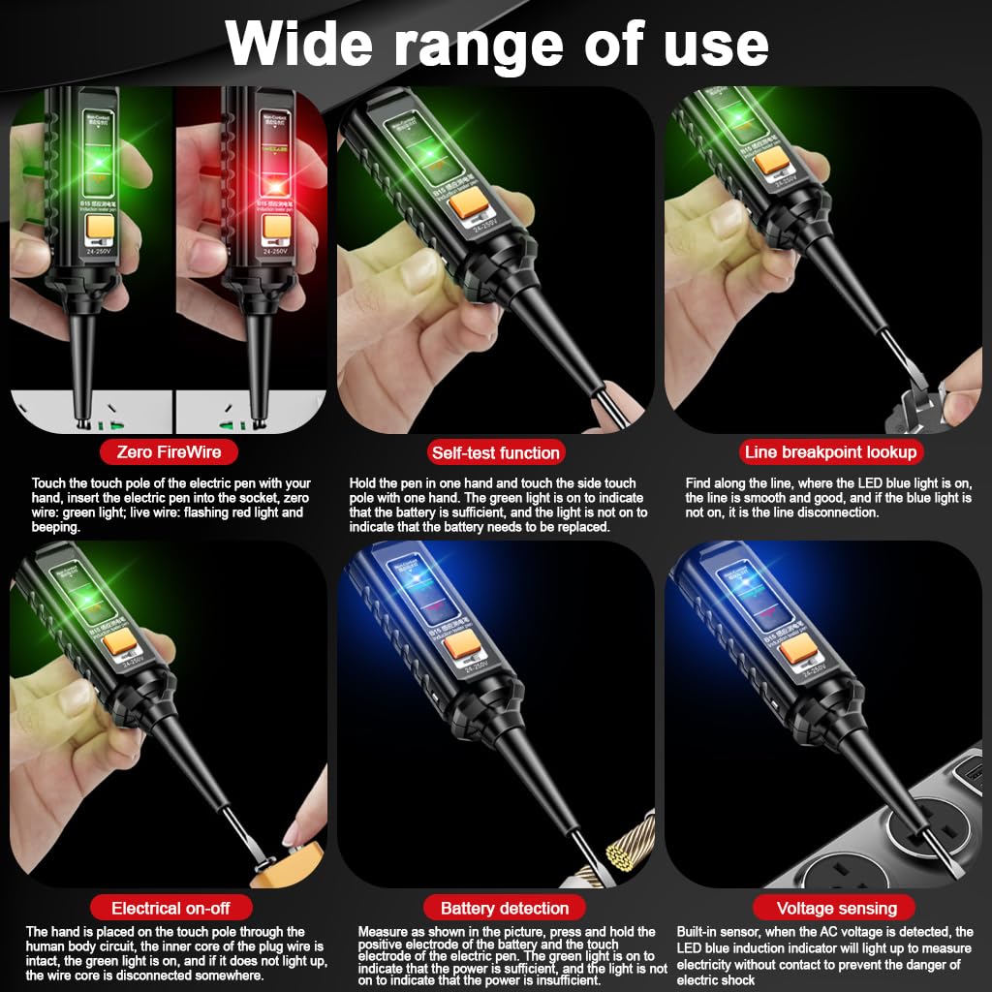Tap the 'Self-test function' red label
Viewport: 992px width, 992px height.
[495, 452]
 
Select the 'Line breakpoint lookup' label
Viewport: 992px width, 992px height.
[829, 451]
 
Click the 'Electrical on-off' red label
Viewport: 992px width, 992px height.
[171, 908]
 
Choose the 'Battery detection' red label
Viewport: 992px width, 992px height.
[505, 908]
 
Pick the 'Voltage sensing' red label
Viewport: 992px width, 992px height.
[836, 908]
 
